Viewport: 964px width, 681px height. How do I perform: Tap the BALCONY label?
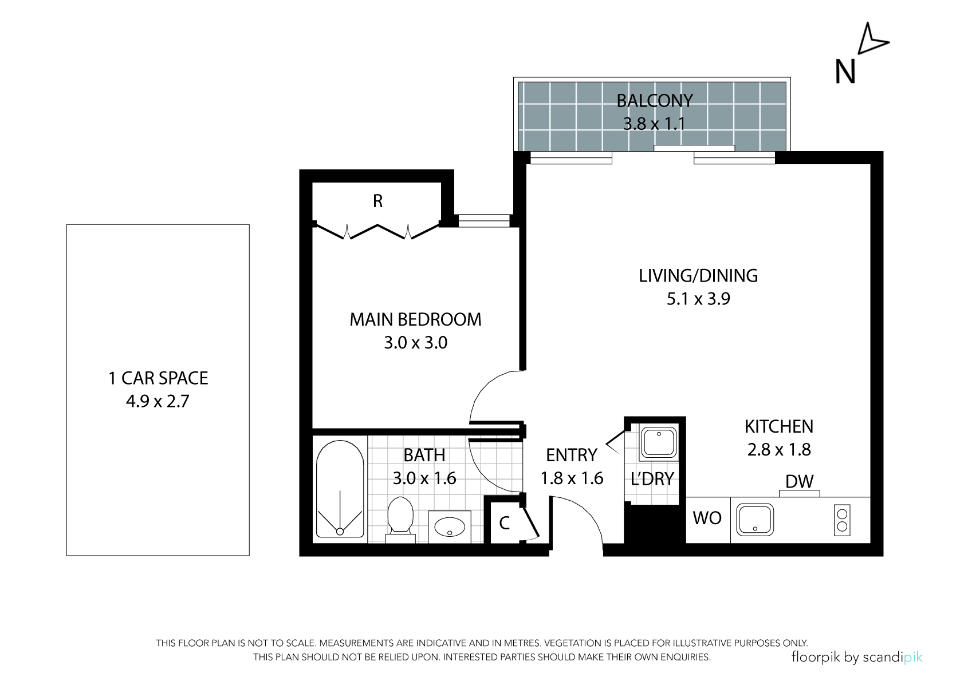655,101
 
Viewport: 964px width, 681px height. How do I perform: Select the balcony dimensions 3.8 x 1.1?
654,124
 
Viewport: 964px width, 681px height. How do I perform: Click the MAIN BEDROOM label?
415,319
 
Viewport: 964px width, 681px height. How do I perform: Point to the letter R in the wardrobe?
377,201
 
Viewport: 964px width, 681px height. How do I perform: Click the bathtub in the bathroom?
340,489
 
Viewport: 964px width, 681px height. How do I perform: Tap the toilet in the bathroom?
400,520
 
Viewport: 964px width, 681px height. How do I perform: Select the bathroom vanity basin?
450,527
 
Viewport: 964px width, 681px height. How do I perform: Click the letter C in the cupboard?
505,523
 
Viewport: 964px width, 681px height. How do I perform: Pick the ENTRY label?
572,455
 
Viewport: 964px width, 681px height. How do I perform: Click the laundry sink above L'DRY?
659,442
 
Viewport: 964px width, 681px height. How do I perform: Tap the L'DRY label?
652,478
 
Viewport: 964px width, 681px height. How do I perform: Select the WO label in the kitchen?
707,518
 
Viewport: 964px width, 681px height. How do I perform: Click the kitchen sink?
755,521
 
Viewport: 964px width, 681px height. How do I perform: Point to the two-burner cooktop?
842,520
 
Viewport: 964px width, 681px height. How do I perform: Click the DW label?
800,482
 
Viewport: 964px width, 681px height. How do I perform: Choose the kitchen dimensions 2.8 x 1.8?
779,450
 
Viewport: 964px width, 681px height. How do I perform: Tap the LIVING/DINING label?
698,276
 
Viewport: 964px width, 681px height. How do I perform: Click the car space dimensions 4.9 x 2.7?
158,402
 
